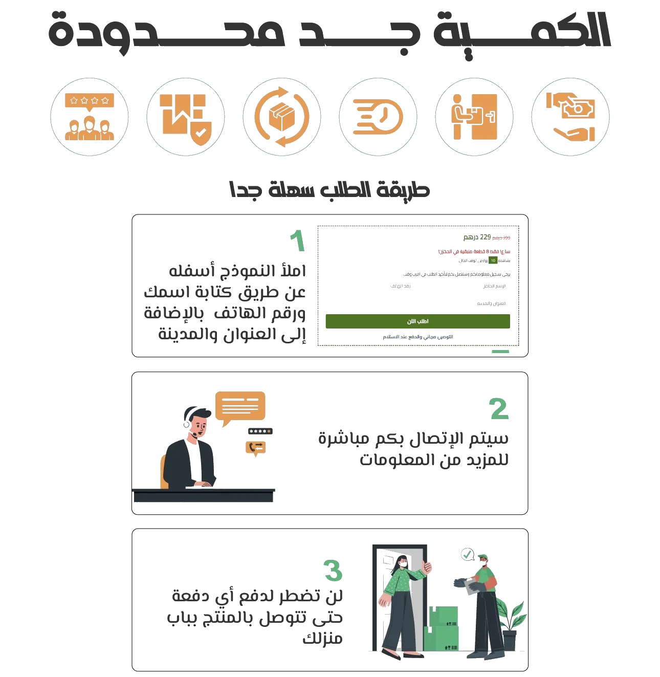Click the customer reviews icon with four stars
pos(90,118)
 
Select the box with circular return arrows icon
pos(282,118)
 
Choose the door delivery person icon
pos(474,118)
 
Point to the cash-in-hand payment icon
pos(570,118)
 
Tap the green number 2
pos(499,409)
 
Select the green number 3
pos(333,570)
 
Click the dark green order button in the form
pos(417,321)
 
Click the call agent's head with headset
pos(197,422)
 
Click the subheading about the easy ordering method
pos(329,191)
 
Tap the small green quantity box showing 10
pos(492,260)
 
